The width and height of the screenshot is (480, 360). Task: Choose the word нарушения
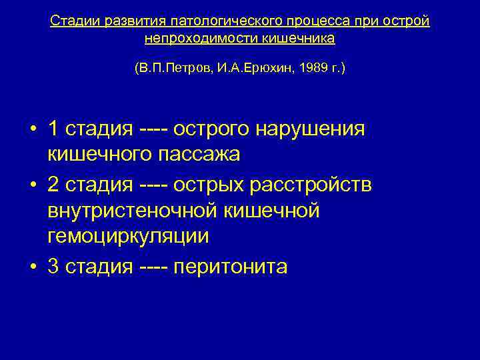[319, 129]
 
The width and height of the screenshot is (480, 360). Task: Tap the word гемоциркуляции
[129, 236]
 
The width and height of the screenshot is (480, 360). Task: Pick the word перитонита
[230, 267]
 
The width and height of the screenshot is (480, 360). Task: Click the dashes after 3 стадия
[155, 267]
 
